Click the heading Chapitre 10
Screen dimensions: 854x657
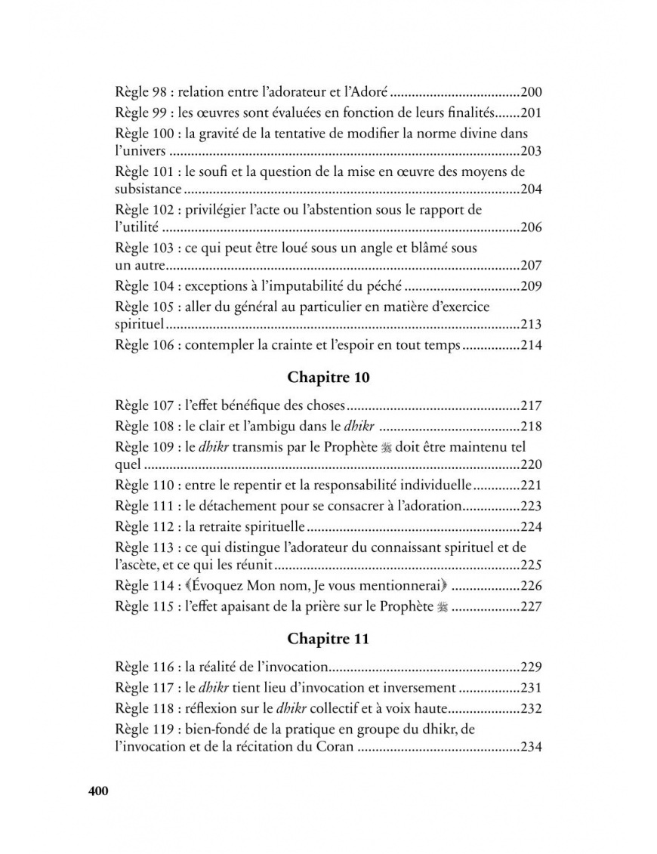pyautogui.click(x=328, y=376)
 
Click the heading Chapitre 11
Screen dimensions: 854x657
pyautogui.click(x=328, y=639)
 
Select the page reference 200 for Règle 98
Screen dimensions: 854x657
pyautogui.click(x=532, y=93)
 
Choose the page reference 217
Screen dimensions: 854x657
pyautogui.click(x=532, y=405)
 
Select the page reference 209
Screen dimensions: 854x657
pyautogui.click(x=532, y=286)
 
